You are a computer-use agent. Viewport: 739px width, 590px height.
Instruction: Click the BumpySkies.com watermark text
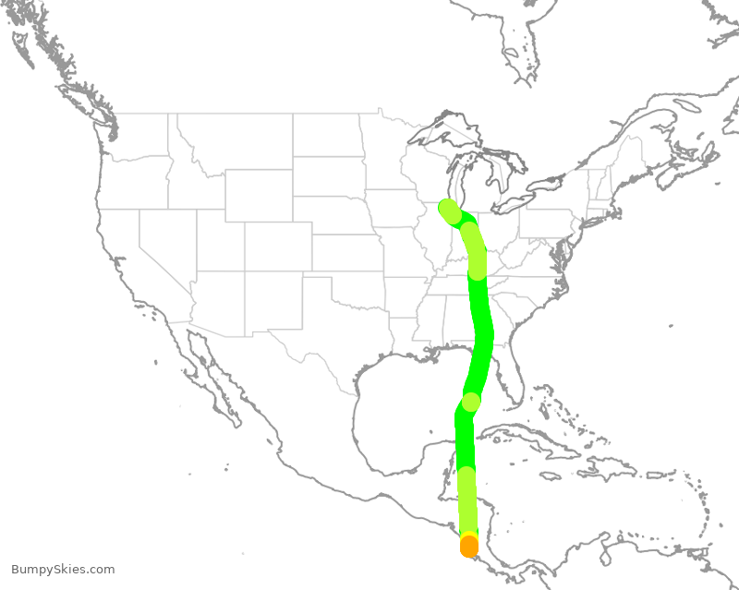(63, 570)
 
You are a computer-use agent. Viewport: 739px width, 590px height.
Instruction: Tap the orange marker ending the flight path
(469, 547)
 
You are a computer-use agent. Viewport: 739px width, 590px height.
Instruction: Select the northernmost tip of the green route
(448, 208)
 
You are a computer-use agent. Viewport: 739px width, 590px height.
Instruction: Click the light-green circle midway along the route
(471, 402)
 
